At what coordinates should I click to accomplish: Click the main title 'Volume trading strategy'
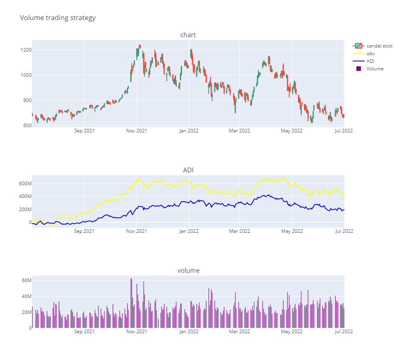[58, 18]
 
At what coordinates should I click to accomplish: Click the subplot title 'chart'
[188, 35]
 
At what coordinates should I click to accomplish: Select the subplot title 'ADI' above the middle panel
[188, 170]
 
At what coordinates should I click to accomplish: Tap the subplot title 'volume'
[188, 271]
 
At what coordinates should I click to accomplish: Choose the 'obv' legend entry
[370, 54]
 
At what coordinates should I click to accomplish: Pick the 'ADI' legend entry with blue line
[370, 61]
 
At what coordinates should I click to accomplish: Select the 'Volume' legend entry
[375, 69]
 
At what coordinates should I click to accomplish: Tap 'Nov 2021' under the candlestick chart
[136, 130]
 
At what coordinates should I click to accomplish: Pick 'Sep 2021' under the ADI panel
[84, 231]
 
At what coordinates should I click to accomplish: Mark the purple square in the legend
[358, 69]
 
